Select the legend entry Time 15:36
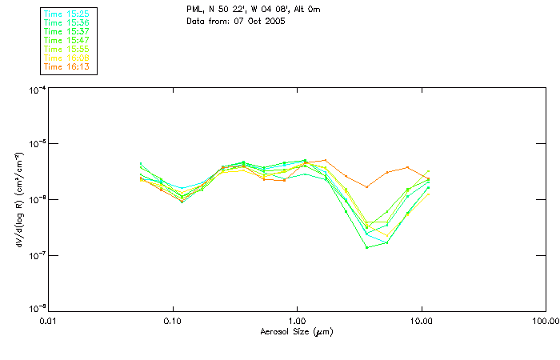click(67, 23)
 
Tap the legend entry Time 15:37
click(67, 32)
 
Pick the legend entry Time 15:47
click(67, 40)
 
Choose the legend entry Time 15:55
click(67, 49)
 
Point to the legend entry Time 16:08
click(67, 58)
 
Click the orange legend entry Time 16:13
click(67, 66)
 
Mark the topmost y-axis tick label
click(36, 90)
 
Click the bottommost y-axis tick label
click(36, 308)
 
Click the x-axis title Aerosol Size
click(296, 331)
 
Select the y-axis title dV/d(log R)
click(19, 198)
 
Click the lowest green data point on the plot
click(367, 247)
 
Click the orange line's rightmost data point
click(429, 179)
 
